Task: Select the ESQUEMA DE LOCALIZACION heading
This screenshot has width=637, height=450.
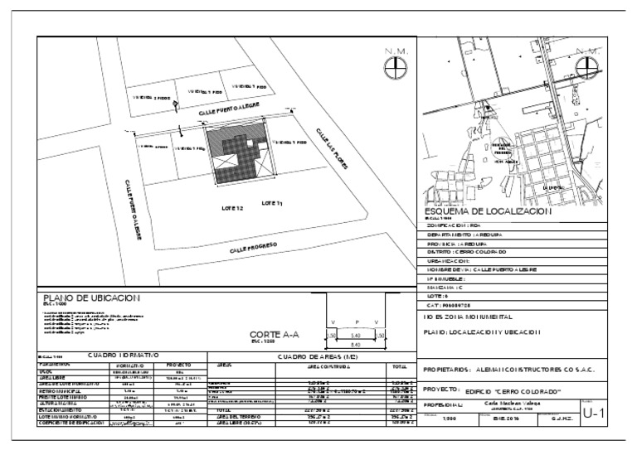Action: pos(488,211)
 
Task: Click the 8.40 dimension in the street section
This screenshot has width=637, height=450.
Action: pos(355,344)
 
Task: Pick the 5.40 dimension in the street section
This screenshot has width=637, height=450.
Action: pos(355,335)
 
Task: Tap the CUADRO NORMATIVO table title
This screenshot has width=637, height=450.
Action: pos(124,355)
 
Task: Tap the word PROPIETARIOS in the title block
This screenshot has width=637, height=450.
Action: pos(448,370)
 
